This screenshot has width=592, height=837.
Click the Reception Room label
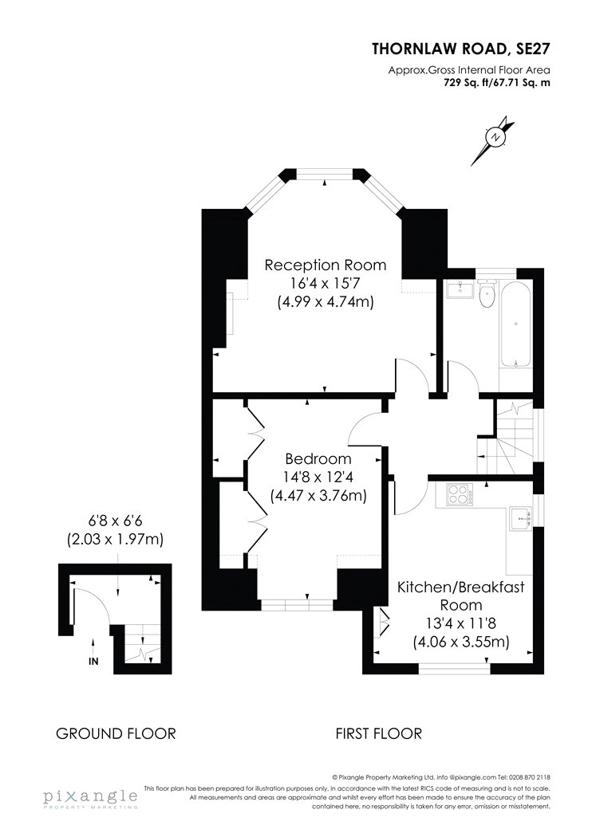pos(326,265)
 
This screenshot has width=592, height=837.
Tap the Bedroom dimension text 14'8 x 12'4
pos(318,477)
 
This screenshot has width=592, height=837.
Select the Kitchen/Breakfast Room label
pos(461,595)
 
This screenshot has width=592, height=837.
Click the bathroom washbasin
pos(460,290)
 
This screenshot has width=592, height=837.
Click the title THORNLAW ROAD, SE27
pos(460,49)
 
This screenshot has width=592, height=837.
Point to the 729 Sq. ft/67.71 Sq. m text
pos(497,83)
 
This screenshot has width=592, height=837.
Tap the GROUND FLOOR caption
pos(116,733)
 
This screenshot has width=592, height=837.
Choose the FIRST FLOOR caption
pos(378,733)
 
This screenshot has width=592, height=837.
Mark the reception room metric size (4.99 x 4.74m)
pos(326,301)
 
